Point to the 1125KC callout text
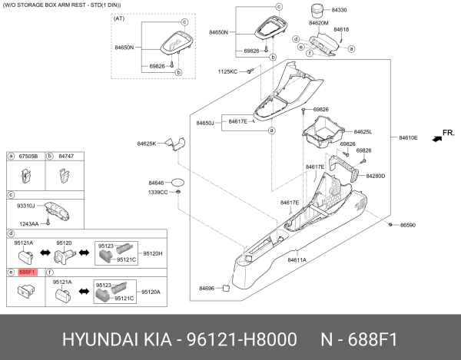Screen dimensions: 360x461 click(x=227, y=71)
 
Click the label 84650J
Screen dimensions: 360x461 click(x=205, y=123)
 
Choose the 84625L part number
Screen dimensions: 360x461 click(x=363, y=132)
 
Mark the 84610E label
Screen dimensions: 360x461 click(x=408, y=138)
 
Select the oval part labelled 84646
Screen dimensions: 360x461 click(x=178, y=183)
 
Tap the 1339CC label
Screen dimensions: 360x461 click(x=158, y=193)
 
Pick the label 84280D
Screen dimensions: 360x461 click(x=375, y=176)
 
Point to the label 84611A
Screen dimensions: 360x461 click(x=297, y=260)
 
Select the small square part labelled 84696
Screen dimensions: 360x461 click(x=226, y=289)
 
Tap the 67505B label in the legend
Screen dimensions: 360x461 click(x=28, y=156)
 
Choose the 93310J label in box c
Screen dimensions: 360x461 click(x=27, y=206)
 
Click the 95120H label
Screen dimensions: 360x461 click(x=152, y=253)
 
